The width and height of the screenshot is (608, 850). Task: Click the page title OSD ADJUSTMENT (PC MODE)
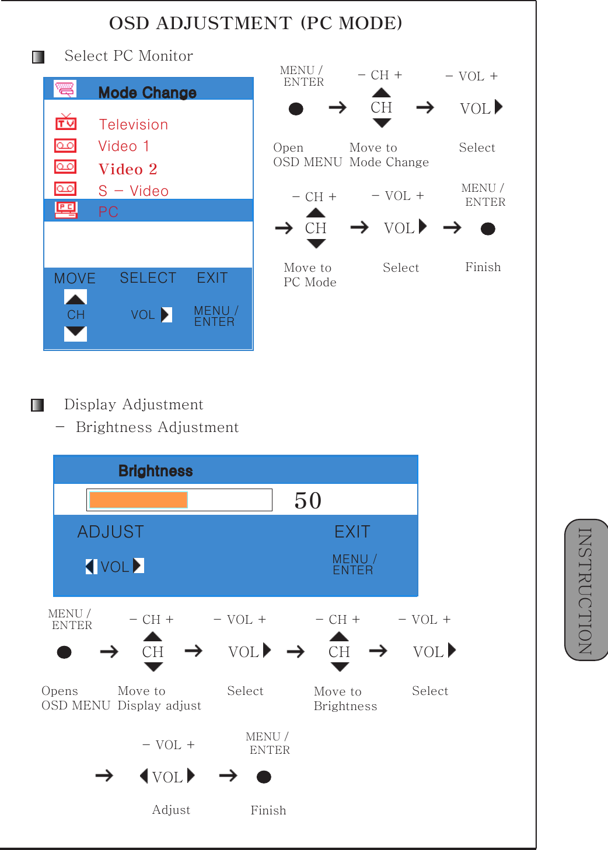click(x=256, y=23)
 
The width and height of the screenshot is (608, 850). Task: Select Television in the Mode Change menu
click(x=134, y=125)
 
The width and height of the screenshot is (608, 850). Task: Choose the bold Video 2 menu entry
click(x=128, y=169)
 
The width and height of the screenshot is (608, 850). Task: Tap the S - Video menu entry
click(x=134, y=191)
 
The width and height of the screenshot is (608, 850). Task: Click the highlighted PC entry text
click(x=109, y=212)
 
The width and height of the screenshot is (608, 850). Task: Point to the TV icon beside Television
click(x=66, y=122)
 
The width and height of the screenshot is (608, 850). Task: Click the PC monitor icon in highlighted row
click(x=66, y=210)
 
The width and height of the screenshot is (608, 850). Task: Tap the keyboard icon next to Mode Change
click(x=65, y=89)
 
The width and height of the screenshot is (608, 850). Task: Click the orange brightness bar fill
click(x=138, y=500)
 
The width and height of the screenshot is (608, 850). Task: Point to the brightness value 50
click(x=308, y=501)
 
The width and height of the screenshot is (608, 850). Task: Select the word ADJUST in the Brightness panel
click(x=111, y=532)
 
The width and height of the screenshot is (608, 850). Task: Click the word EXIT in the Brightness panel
click(x=352, y=532)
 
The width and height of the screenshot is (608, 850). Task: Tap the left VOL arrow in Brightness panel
click(x=90, y=567)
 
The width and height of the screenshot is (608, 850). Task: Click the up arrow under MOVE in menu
click(x=75, y=298)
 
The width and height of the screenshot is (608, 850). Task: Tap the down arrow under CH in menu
click(x=75, y=333)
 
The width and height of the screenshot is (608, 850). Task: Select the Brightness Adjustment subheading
click(x=157, y=427)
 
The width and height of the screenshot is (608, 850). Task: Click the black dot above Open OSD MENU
click(x=296, y=109)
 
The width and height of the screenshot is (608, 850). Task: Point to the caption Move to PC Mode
click(x=309, y=275)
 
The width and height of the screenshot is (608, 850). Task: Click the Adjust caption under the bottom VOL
click(x=171, y=810)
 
